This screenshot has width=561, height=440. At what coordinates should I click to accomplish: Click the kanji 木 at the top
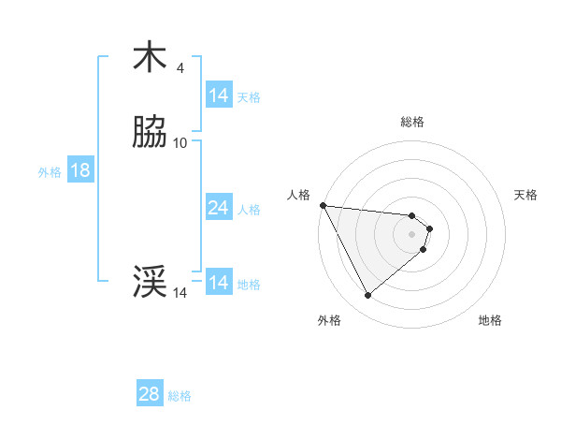150,57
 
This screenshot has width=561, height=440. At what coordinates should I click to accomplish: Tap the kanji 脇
150,133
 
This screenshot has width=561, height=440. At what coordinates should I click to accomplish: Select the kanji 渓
150,282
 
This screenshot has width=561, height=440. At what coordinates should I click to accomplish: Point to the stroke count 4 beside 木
180,67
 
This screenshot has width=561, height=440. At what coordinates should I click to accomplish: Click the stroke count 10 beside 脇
180,143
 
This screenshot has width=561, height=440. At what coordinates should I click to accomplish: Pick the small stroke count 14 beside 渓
180,293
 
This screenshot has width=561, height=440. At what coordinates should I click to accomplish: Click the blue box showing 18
79,170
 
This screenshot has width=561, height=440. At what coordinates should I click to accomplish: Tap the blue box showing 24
218,208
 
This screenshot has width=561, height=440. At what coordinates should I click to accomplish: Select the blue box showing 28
149,394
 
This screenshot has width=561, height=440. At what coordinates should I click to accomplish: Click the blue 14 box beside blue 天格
218,95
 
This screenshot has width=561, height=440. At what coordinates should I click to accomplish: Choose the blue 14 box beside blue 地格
218,283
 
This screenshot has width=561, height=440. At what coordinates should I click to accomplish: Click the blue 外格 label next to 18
50,171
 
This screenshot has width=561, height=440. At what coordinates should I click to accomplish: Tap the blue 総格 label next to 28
180,396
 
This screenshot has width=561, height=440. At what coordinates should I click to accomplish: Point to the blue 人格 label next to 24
249,210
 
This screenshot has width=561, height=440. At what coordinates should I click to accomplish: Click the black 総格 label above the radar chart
412,122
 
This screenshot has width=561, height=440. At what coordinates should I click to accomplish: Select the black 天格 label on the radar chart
525,195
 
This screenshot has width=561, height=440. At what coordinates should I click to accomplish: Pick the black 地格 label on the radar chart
490,320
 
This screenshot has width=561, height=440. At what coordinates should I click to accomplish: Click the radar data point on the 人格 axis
323,205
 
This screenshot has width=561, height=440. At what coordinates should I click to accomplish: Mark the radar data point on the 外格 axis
367,296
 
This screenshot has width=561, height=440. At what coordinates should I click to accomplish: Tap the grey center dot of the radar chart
412,233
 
